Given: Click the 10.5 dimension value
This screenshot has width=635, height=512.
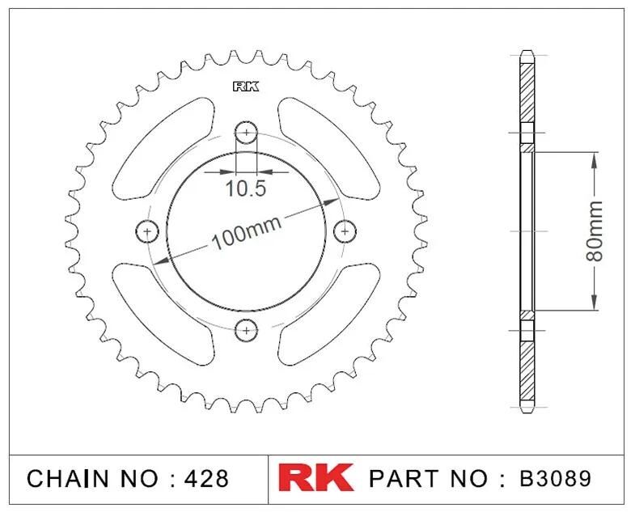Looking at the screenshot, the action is [245, 188].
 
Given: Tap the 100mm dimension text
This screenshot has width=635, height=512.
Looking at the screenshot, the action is [246, 233].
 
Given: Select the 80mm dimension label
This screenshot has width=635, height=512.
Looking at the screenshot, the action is [595, 231].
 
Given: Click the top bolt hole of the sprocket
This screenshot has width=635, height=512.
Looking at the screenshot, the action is [246, 132].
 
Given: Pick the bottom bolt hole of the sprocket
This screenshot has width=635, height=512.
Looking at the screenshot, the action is [246, 330].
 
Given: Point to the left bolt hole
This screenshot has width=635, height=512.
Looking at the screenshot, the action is [147, 231].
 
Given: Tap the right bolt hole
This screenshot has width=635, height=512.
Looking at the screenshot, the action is [345, 231].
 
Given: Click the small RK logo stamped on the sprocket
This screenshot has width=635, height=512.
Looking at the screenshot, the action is [246, 87].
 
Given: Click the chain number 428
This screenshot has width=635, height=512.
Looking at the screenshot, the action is [206, 478].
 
